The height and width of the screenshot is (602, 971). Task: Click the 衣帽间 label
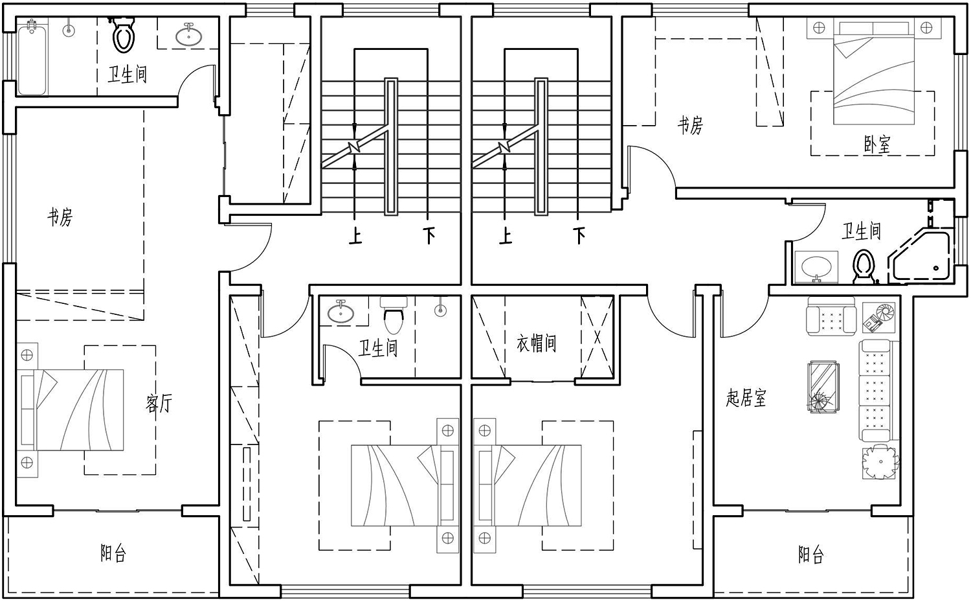pos(537,343)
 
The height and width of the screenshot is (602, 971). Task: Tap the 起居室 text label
pos(746,398)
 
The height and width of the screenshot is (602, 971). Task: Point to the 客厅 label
pos(159,403)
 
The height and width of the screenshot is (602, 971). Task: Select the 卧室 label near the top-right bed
pos(877,145)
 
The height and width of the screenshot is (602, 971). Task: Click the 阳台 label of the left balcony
pos(113,553)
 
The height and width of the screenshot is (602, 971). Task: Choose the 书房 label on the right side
pos(690,126)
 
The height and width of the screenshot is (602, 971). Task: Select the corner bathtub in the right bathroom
pos(919,259)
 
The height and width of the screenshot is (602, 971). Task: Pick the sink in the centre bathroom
pos(340,312)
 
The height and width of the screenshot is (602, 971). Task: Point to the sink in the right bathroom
pos(816,266)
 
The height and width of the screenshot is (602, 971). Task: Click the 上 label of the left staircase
pos(355,236)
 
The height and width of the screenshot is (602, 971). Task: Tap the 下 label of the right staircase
pos(579,236)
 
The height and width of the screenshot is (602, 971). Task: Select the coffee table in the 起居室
pos(822,387)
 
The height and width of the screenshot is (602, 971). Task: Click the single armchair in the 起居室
pos(831,316)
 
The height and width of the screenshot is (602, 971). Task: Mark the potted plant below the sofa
pos(880,462)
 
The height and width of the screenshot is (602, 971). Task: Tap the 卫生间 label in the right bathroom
pos(861,231)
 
